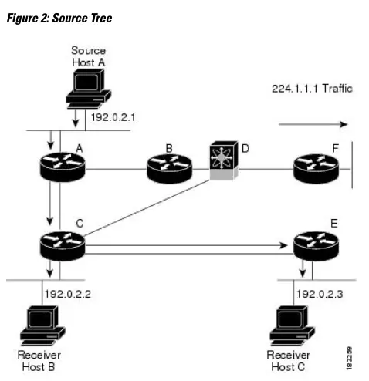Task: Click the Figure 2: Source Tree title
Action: click(59, 18)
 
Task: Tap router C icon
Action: click(62, 244)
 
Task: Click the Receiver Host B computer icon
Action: click(39, 325)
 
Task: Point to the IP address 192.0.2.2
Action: click(69, 294)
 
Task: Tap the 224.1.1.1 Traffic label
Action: click(312, 88)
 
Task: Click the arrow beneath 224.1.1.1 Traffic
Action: click(313, 123)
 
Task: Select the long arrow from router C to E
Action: click(185, 247)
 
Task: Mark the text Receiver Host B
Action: click(39, 360)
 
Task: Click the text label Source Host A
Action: click(87, 56)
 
